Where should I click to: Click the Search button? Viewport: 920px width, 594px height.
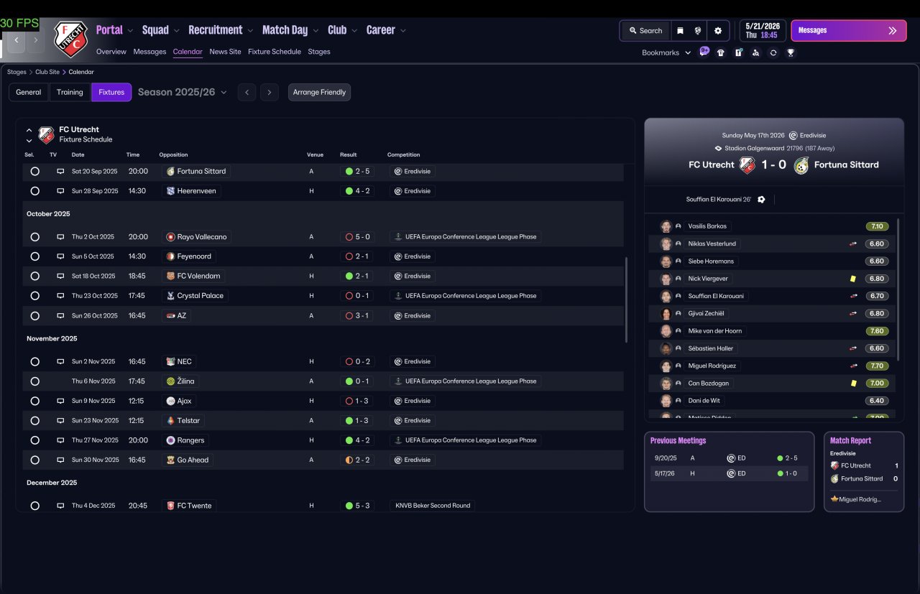pos(645,31)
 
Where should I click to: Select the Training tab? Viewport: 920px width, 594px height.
pos(70,92)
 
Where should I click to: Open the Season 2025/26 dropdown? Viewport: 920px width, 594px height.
pos(182,92)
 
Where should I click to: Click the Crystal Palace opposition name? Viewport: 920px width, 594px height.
pos(200,295)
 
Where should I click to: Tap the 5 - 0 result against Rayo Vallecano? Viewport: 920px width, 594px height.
pos(358,237)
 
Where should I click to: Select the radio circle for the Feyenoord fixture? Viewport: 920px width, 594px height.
pos(35,256)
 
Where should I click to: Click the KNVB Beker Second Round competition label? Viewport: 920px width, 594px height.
pos(433,506)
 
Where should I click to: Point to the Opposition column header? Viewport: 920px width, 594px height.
pos(173,154)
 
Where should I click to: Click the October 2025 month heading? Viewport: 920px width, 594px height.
pos(48,214)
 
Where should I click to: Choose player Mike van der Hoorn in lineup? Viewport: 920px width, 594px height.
pos(714,331)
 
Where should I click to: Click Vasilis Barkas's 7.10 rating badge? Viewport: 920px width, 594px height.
pos(877,226)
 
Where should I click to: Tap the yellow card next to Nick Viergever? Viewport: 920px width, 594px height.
pos(853,279)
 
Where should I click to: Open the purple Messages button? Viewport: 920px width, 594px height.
pos(849,30)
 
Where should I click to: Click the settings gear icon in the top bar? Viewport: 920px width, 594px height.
pos(718,31)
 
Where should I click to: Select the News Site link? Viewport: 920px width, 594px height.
pos(225,52)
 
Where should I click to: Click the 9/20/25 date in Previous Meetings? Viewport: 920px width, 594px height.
pos(666,458)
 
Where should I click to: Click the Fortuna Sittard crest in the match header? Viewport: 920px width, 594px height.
pos(801,165)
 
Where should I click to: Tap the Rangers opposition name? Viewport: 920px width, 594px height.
pos(190,440)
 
